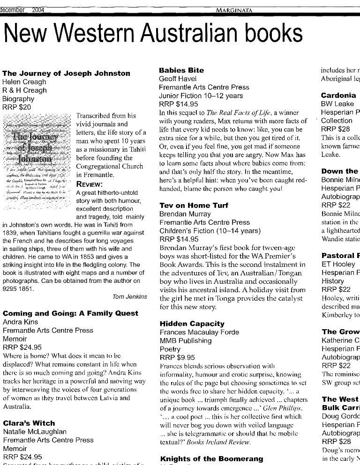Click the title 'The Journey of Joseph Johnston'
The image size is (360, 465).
click(66, 73)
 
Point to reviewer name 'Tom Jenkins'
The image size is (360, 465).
click(130, 296)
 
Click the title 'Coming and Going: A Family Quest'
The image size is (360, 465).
click(70, 313)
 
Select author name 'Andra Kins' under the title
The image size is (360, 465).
click(20, 322)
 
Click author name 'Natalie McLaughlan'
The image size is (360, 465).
click(35, 431)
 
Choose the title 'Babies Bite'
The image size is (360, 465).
click(181, 70)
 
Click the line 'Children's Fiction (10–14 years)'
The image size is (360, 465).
click(210, 230)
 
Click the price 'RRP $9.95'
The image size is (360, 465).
click(177, 357)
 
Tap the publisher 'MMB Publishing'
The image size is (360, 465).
click(185, 340)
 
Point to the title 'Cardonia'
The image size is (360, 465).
click(338, 95)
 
